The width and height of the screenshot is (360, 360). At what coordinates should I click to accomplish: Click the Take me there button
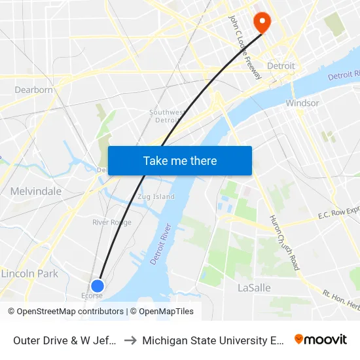click(180, 160)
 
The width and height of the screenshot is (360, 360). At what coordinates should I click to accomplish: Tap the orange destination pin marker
click(261, 22)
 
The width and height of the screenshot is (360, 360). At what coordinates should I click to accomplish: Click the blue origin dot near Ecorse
click(98, 285)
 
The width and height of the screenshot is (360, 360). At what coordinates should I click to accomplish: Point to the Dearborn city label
click(34, 90)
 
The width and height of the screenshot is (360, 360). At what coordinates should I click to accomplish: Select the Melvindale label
click(36, 191)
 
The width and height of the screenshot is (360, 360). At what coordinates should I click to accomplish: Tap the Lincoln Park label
click(29, 274)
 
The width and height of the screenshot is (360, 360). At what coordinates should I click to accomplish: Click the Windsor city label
click(302, 103)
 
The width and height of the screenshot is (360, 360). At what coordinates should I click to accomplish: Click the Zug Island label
click(156, 196)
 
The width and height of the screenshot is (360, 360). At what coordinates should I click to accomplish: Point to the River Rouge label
click(112, 223)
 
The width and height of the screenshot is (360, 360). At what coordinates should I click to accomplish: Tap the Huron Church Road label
click(285, 242)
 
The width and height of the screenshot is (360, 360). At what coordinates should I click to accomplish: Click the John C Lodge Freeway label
click(244, 48)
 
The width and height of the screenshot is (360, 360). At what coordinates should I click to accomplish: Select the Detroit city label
click(282, 66)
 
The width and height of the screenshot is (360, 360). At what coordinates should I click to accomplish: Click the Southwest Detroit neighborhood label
click(166, 116)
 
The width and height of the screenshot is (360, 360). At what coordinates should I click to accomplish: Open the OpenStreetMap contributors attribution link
click(70, 312)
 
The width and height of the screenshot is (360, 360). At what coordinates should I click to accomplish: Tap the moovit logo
click(321, 339)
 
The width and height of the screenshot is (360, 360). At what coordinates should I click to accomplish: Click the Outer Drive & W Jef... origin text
click(65, 340)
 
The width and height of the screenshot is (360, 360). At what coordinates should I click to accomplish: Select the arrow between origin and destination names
click(131, 340)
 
